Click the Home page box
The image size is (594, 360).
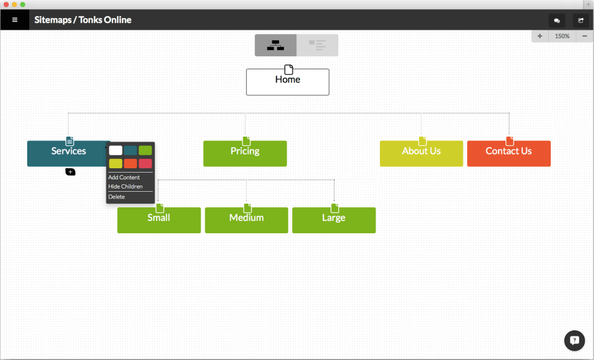[288, 82]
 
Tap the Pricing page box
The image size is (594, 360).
[245, 153]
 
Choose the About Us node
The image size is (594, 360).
[421, 153]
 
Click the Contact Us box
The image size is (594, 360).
[509, 153]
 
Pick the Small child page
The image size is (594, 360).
[159, 220]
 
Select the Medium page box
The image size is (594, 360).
[246, 220]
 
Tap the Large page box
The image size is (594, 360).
[334, 220]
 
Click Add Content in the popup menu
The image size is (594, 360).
[124, 177]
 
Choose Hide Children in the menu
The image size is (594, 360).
[126, 187]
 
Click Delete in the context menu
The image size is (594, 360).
[116, 197]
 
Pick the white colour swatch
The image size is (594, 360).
[116, 150]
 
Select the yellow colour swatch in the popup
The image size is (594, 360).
[116, 163]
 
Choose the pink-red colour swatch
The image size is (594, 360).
[145, 163]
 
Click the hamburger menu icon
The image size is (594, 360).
[15, 20]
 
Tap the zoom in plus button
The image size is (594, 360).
[540, 36]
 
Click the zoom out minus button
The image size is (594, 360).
[585, 36]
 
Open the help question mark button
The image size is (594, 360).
[574, 340]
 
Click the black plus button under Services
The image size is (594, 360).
[70, 172]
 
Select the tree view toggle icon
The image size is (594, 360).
[275, 45]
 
